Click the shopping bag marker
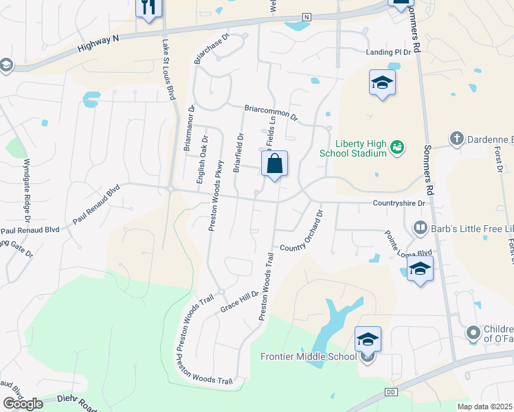274,165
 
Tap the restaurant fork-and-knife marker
149,8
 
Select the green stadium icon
396,147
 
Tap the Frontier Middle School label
309,356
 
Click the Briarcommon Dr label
271,112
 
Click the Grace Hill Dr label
239,301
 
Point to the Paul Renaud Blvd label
96,204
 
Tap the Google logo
23,404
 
